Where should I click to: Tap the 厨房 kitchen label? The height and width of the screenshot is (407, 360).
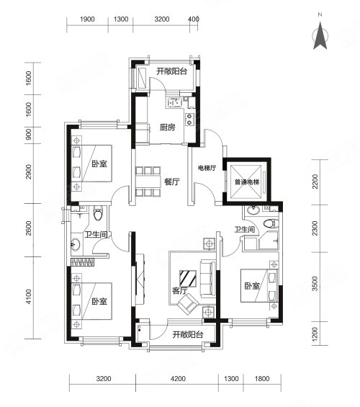click(168, 128)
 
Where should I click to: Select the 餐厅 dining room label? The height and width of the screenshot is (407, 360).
click(171, 182)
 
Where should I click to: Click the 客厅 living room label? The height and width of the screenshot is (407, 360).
click(180, 290)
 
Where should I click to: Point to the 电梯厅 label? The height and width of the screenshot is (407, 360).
click(207, 168)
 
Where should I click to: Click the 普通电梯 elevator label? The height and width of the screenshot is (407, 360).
click(247, 182)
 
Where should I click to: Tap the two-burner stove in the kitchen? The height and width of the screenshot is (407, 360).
click(189, 119)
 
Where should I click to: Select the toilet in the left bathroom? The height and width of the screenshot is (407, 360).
click(98, 213)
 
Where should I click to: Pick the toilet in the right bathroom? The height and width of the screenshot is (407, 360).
click(271, 223)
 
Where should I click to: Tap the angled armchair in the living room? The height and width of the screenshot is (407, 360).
click(189, 304)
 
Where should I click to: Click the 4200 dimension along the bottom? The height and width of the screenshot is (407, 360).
click(178, 379)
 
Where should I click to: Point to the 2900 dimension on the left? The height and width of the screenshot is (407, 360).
click(29, 171)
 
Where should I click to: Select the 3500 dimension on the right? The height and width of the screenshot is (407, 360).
click(315, 284)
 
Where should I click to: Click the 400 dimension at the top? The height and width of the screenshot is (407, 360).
click(194, 19)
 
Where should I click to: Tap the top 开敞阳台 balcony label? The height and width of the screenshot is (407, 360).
click(171, 71)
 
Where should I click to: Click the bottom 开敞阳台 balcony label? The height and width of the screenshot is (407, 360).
click(188, 334)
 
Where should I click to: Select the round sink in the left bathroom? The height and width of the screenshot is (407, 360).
click(76, 244)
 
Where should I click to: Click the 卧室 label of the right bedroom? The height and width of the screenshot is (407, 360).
click(252, 286)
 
